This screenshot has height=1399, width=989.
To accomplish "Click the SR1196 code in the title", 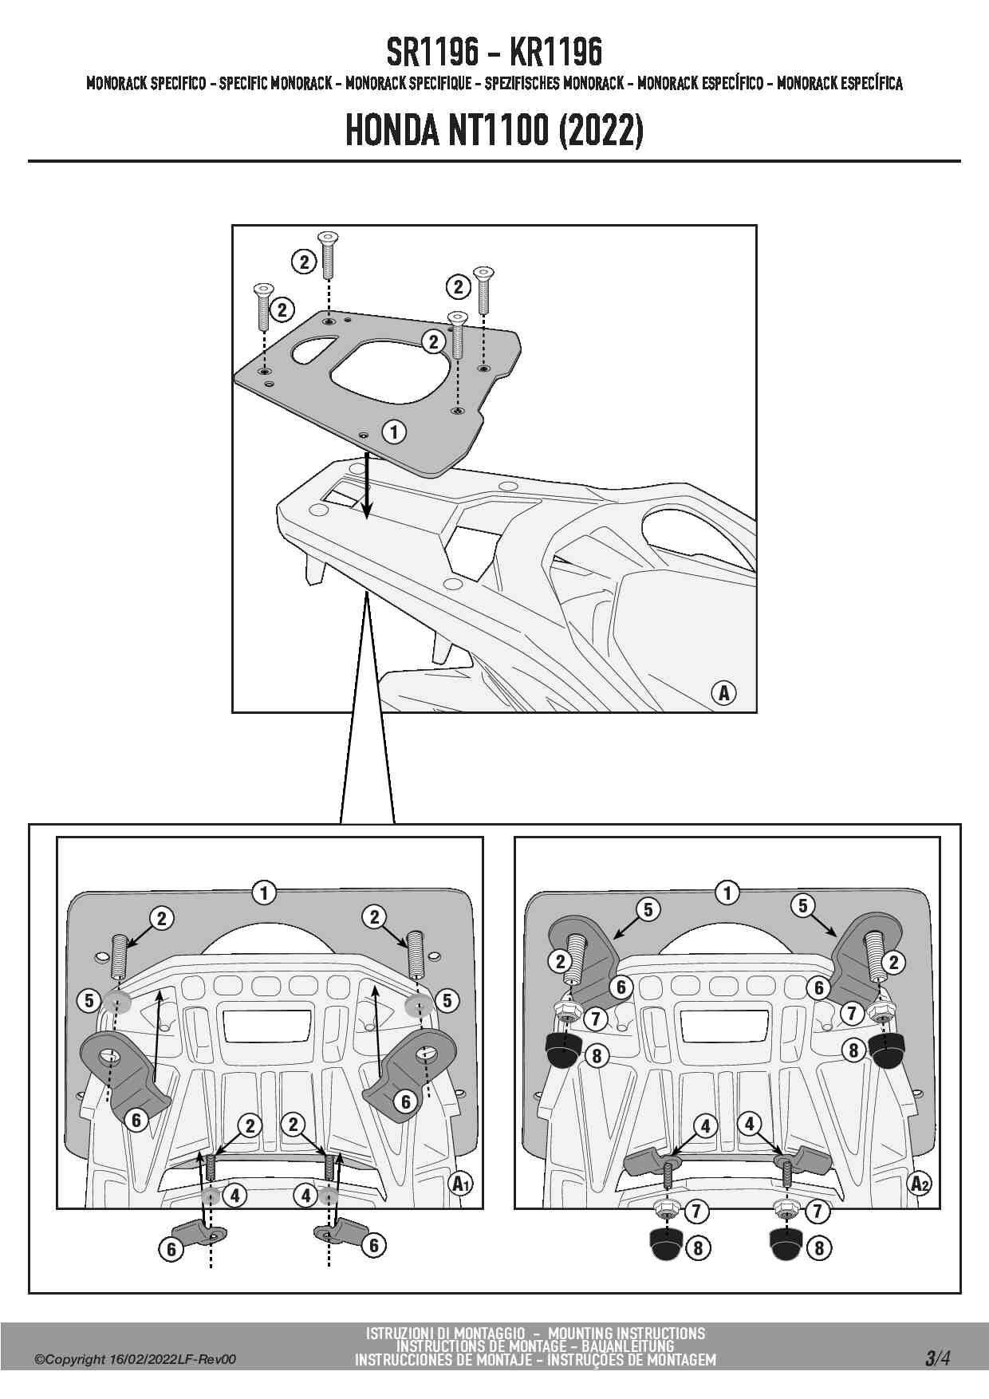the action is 433,53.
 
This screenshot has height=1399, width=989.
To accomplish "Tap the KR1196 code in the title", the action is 555,53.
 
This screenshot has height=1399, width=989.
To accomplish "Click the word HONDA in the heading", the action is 392,130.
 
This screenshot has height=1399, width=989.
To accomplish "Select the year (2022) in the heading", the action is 601,130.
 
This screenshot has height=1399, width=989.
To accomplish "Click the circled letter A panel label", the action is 723,692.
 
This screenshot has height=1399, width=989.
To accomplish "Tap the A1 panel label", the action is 461,1183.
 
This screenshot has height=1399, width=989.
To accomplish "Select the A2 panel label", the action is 920,1183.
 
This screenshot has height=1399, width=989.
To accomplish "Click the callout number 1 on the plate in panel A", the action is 394,432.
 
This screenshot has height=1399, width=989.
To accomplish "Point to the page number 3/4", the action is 938,1358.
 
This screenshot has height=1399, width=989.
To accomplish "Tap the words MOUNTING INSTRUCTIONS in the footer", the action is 626,1334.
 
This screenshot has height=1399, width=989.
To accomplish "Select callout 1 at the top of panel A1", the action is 264,892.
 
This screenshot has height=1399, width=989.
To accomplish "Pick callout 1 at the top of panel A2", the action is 727,892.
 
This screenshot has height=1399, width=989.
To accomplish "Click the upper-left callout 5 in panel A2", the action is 648,908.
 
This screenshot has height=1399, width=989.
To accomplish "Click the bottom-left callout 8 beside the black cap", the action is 698,1247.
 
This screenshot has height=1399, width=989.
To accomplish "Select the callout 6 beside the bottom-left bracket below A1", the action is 171,1249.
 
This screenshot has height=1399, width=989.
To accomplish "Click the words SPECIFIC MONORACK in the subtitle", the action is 276,83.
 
